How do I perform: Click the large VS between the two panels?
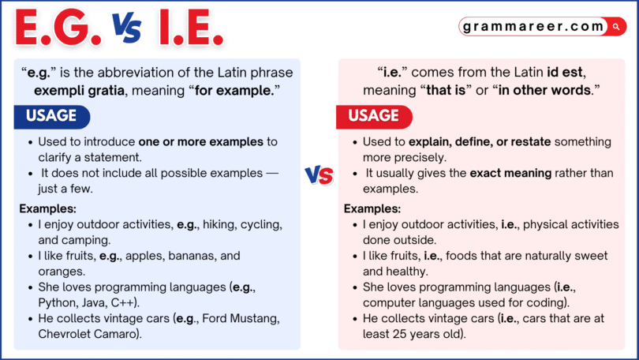[319, 175]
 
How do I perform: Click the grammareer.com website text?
[535, 26]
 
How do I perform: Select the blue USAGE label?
[52, 116]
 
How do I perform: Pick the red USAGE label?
[374, 116]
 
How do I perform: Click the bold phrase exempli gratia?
[79, 90]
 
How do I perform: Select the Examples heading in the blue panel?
[48, 208]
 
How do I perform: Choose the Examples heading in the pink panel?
[372, 208]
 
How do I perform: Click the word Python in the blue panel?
[57, 302]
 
